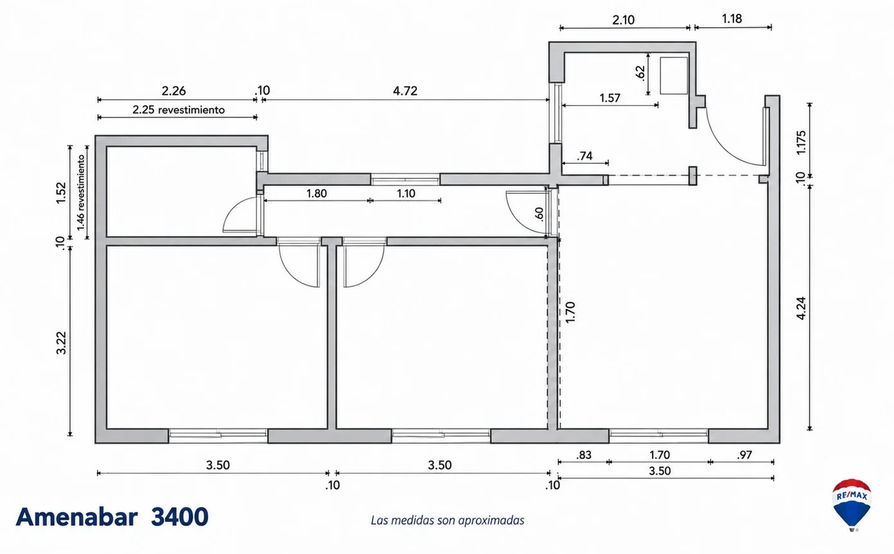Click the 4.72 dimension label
(x=405, y=91)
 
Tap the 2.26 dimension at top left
(x=174, y=91)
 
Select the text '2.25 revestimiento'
(x=178, y=110)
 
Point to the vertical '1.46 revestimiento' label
(x=81, y=193)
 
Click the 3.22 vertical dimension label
(x=61, y=343)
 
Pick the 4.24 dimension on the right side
(x=801, y=308)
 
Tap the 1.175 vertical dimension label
(x=801, y=142)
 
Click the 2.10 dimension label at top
(x=624, y=19)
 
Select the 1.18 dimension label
(x=732, y=19)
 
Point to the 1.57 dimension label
(x=610, y=98)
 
